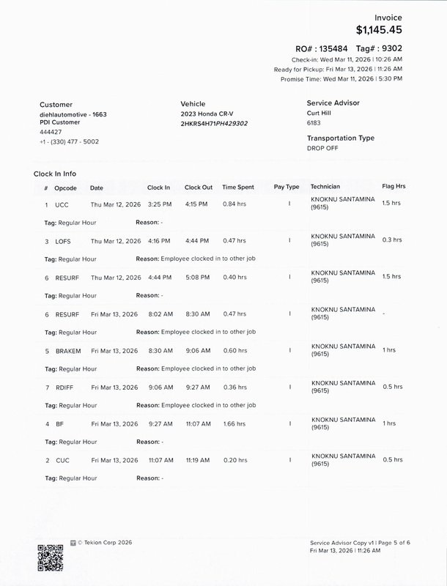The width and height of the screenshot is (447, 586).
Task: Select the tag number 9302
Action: pos(391,48)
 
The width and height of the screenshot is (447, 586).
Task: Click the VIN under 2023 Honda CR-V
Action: pos(214,124)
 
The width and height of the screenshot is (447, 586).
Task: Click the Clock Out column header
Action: pos(199,188)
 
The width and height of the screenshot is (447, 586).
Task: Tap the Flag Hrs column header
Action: pos(394,187)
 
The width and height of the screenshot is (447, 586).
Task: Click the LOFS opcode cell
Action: pos(64,241)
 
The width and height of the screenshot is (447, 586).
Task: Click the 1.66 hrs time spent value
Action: pos(234,424)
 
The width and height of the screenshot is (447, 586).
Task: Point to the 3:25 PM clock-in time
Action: pos(159,205)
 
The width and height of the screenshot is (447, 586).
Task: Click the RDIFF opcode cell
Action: pos(66,387)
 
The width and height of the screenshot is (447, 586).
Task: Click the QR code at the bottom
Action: pos(51,558)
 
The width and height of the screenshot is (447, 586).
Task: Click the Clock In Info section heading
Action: pos(55,174)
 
